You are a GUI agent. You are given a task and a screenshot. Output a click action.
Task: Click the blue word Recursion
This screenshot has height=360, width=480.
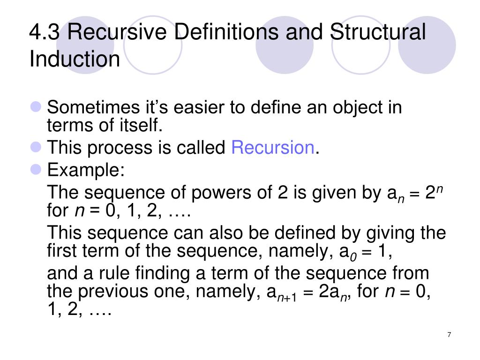tap(273, 148)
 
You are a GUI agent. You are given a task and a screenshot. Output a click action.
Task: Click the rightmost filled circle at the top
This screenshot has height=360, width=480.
tap(427, 45)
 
